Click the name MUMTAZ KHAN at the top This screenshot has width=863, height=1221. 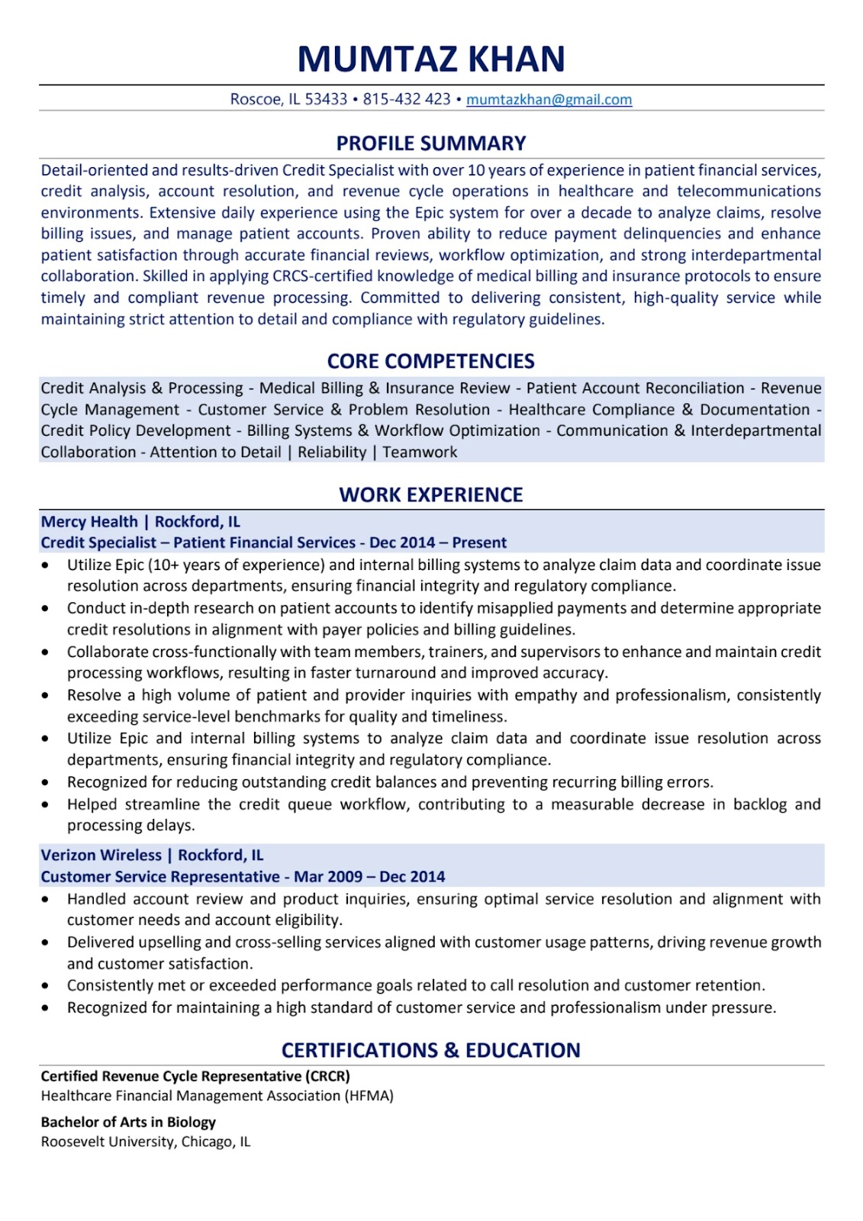coord(431,59)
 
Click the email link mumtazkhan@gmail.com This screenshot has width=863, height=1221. coord(549,99)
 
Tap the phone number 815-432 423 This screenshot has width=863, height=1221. coord(407,99)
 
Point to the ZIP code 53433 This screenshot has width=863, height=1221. coord(326,99)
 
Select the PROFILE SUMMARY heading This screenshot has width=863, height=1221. coord(431,143)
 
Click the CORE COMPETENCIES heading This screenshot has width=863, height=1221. coord(431,361)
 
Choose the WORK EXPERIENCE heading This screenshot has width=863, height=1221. coord(431,495)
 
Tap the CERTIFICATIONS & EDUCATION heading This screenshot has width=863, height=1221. coord(431,1050)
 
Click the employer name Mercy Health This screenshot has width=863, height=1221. coord(89,522)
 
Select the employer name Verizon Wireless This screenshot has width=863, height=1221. coord(101,855)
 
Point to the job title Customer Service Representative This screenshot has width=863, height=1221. coord(160,877)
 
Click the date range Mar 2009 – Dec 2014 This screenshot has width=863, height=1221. coord(369,877)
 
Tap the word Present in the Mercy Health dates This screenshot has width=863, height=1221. coord(479,543)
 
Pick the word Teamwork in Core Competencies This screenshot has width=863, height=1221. coord(420,452)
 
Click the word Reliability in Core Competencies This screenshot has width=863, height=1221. coord(332,452)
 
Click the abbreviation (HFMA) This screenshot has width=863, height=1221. coord(369,1096)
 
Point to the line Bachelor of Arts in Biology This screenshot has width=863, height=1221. coord(128,1122)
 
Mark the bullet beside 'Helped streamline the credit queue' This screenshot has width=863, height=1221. coord(46,804)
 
